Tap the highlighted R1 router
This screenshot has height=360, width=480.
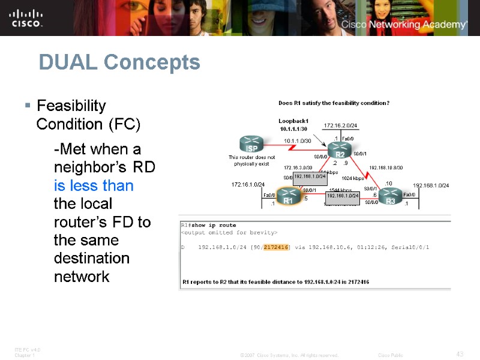(x=289, y=197)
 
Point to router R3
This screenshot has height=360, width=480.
(x=391, y=197)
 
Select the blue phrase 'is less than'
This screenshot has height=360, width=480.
(x=94, y=185)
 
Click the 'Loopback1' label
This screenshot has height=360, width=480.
(x=293, y=121)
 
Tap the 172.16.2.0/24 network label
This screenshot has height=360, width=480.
(x=341, y=125)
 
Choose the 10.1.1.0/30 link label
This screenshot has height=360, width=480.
(x=297, y=140)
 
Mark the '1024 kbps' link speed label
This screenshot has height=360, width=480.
(x=353, y=178)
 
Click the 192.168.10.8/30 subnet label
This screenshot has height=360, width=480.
(x=386, y=168)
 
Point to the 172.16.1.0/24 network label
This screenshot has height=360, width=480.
(x=248, y=184)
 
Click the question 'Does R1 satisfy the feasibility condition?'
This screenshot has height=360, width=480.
(x=334, y=103)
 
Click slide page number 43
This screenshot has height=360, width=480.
(x=460, y=354)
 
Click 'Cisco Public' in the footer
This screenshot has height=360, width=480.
(x=391, y=355)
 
